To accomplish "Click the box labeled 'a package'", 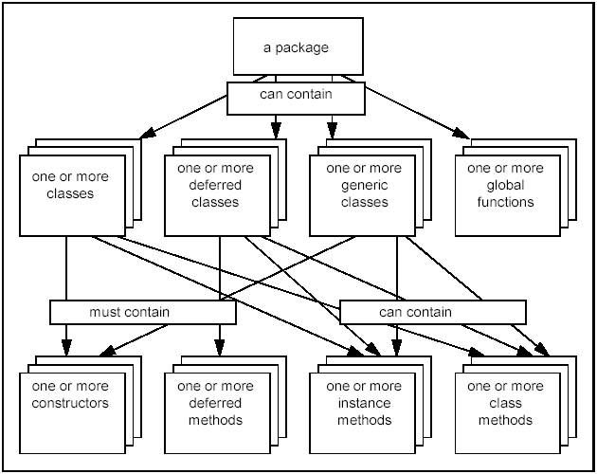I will click(x=297, y=46).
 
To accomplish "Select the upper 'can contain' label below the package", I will click(x=297, y=95).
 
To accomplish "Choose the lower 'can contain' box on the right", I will click(x=432, y=312).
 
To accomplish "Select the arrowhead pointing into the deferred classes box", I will click(x=275, y=128).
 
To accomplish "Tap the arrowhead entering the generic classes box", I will click(x=333, y=128).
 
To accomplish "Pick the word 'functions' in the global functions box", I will click(x=506, y=202).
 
